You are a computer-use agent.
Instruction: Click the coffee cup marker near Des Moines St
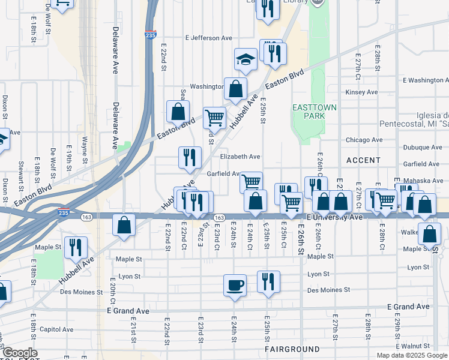pos(235,284)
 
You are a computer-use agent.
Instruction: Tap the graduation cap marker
pos(245,59)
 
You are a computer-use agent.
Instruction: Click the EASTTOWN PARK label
pos(314,111)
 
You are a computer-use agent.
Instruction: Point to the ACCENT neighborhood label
pos(363,160)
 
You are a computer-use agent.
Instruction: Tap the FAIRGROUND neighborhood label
pos(292,349)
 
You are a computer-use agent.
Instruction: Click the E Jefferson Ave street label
pos(208,38)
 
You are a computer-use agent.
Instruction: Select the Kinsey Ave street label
pos(361,92)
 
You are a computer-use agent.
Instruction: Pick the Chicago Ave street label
pos(364,140)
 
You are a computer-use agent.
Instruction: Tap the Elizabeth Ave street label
pos(240,157)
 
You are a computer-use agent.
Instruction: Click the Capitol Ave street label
pos(56,329)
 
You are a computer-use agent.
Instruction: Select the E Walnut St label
pos(420,346)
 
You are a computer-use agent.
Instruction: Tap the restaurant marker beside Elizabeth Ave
pos(190,157)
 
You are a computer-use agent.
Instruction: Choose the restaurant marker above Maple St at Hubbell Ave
pos(76,247)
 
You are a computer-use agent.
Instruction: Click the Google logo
pos(19,353)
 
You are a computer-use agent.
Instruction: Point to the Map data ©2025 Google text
pos(412,355)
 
